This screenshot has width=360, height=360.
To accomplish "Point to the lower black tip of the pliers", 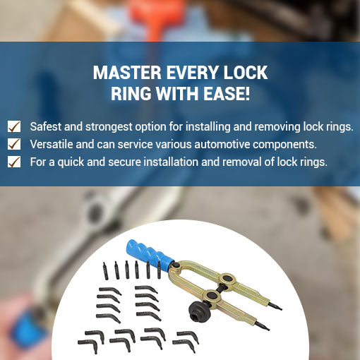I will point(265,328).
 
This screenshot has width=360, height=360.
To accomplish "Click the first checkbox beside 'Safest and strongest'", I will point(14,126).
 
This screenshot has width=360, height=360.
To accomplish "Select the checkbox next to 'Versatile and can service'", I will point(14,144).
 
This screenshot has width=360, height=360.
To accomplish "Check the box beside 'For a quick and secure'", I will point(14,162).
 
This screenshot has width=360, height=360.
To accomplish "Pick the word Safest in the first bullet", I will point(47,126).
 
